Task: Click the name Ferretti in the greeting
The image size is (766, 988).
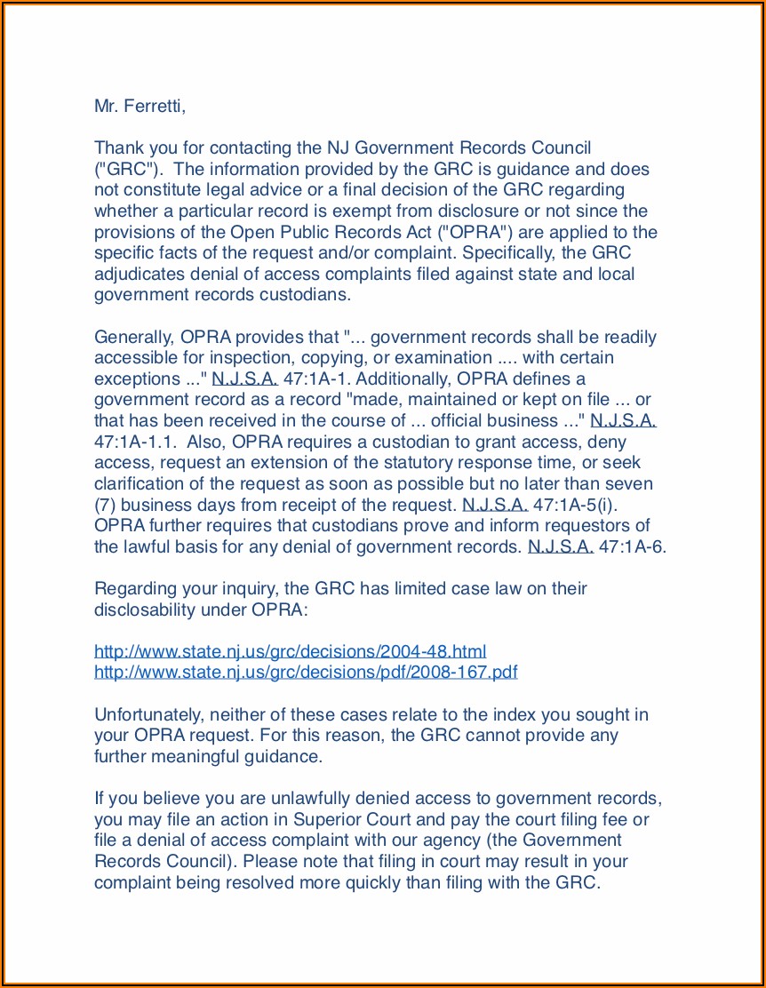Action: click(x=154, y=107)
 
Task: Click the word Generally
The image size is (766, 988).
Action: click(x=133, y=338)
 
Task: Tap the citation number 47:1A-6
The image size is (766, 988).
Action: click(x=632, y=547)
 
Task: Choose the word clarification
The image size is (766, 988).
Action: click(x=138, y=484)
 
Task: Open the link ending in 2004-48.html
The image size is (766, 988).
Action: click(x=290, y=651)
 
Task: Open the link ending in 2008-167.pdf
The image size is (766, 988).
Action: click(x=306, y=673)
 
